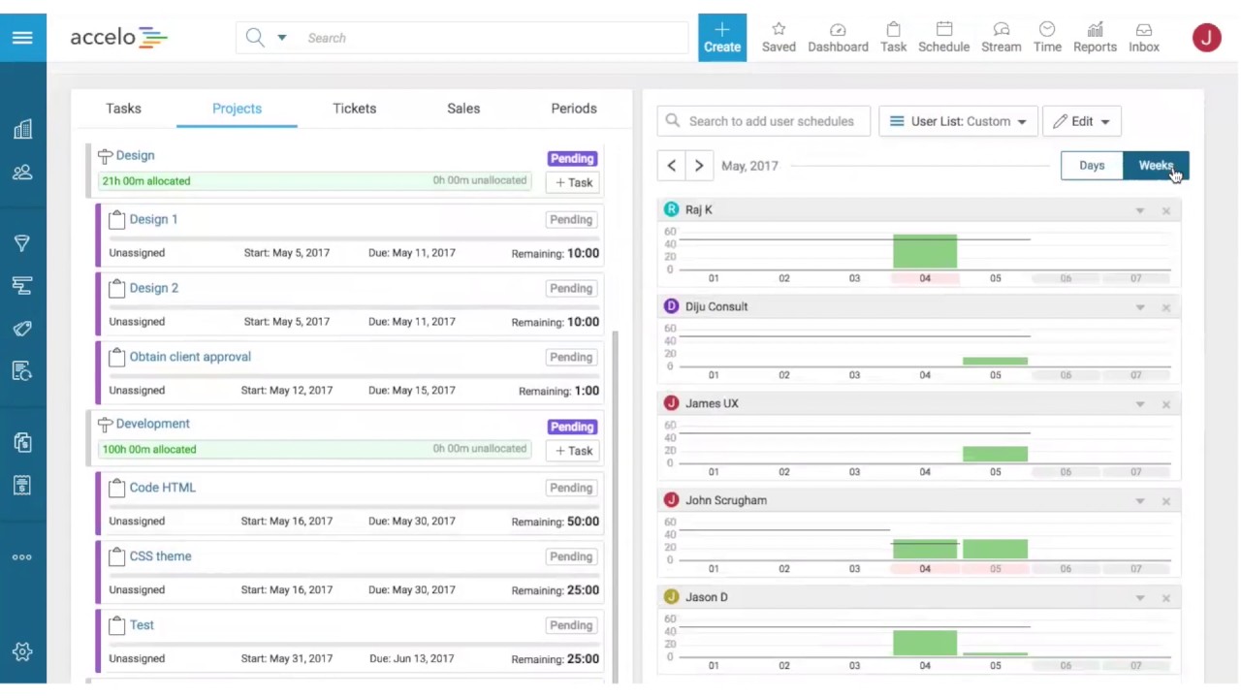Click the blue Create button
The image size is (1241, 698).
(x=721, y=38)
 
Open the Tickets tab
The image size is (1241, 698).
(x=354, y=109)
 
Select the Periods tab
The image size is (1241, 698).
(x=574, y=109)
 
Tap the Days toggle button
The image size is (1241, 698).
(x=1092, y=166)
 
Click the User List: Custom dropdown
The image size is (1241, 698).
(x=958, y=121)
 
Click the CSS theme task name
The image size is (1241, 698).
(x=160, y=556)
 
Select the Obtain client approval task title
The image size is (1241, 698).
(x=190, y=357)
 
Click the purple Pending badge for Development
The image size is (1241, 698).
(x=571, y=427)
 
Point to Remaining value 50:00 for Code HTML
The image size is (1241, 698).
(x=583, y=522)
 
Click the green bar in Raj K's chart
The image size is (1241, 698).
(x=924, y=252)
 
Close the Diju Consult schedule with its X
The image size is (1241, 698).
(x=1166, y=307)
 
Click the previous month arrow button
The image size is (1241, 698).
(x=671, y=166)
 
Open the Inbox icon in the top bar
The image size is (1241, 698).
(x=1144, y=38)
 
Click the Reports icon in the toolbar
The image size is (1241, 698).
(x=1095, y=38)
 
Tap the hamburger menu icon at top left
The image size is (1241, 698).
(x=22, y=38)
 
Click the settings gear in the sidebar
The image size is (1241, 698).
(x=22, y=651)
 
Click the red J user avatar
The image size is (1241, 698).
(x=1206, y=38)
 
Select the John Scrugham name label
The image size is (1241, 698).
(x=725, y=500)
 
